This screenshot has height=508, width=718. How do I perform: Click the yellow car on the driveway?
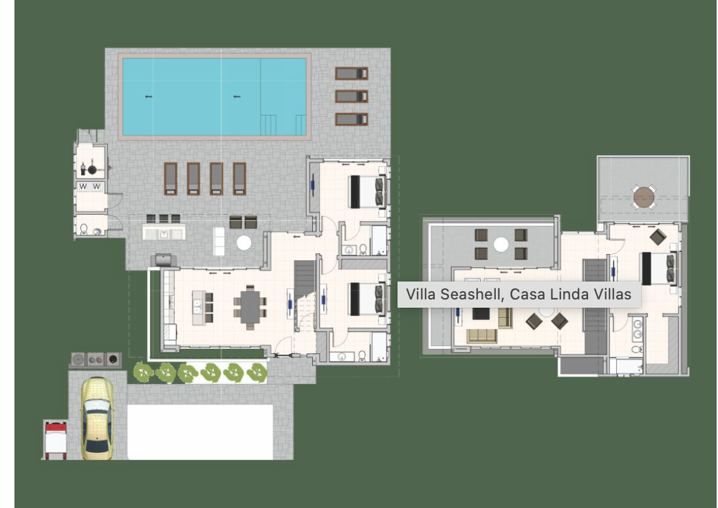click(x=97, y=418)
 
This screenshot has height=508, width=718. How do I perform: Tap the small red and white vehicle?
click(x=55, y=440)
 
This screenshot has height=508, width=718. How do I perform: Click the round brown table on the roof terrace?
click(x=643, y=197)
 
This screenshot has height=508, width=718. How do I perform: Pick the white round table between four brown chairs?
click(x=501, y=244)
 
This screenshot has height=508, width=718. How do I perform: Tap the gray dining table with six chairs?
click(x=250, y=307)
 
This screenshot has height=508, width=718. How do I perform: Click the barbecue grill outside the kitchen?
click(x=163, y=260)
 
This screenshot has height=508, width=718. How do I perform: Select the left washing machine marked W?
click(x=83, y=187)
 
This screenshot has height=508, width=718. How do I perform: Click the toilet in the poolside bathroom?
click(x=84, y=229)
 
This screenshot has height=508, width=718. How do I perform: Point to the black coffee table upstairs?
click(x=481, y=314)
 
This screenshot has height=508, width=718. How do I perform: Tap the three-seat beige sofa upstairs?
click(x=482, y=336)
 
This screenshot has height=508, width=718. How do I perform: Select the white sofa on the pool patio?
click(x=219, y=241)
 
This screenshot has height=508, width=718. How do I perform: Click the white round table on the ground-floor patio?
click(x=243, y=242)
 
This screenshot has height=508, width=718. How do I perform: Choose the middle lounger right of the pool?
click(x=351, y=96)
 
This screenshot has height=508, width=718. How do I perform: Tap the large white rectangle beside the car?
click(x=199, y=432)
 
